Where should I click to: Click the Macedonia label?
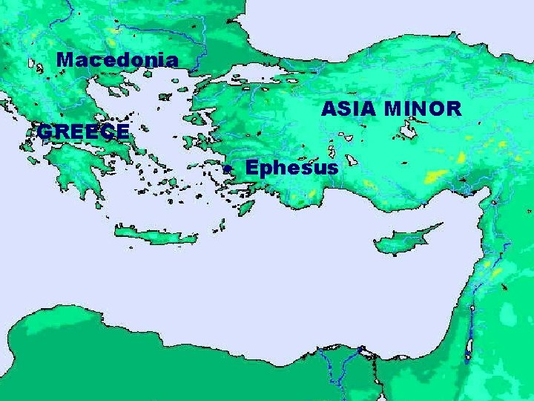(x=117, y=60)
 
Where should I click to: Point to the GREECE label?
(x=84, y=132)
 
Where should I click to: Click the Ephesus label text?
(x=291, y=168)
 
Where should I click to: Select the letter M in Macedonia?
(x=65, y=60)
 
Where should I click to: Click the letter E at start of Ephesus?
(x=252, y=167)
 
